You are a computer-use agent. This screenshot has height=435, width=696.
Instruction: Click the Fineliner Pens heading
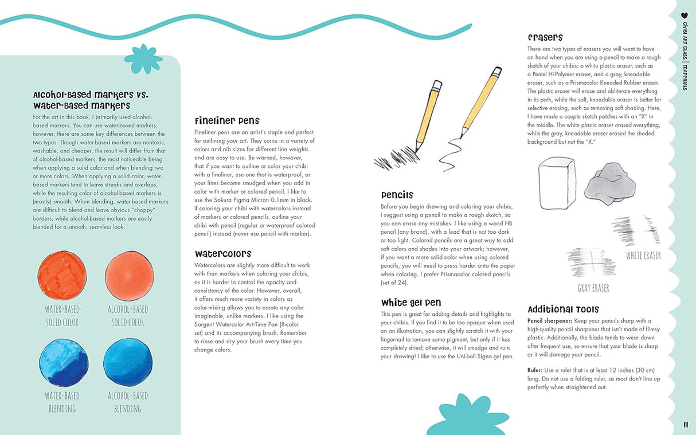point(227,121)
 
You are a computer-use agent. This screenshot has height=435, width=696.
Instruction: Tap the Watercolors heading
point(223,253)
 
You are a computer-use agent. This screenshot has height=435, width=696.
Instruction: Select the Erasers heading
point(545,37)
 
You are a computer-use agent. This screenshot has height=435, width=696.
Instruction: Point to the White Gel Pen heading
point(411,303)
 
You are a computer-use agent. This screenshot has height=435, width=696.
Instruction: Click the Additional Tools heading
point(563,309)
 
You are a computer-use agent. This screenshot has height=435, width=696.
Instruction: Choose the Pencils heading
point(397,195)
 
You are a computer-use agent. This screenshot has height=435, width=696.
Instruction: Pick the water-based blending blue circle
point(64,363)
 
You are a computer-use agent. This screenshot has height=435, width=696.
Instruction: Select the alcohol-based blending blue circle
point(128,362)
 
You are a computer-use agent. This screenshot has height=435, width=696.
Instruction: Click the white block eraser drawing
point(557,183)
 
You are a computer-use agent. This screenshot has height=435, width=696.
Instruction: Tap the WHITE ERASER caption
point(643,256)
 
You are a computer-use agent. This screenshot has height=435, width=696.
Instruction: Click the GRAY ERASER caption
point(593,288)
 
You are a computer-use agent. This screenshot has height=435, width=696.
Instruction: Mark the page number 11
point(686,425)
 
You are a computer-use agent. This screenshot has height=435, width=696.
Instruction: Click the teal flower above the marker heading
point(143,58)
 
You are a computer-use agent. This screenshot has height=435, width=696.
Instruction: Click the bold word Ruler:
point(536,370)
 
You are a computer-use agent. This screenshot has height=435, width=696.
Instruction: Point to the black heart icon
point(684,15)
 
